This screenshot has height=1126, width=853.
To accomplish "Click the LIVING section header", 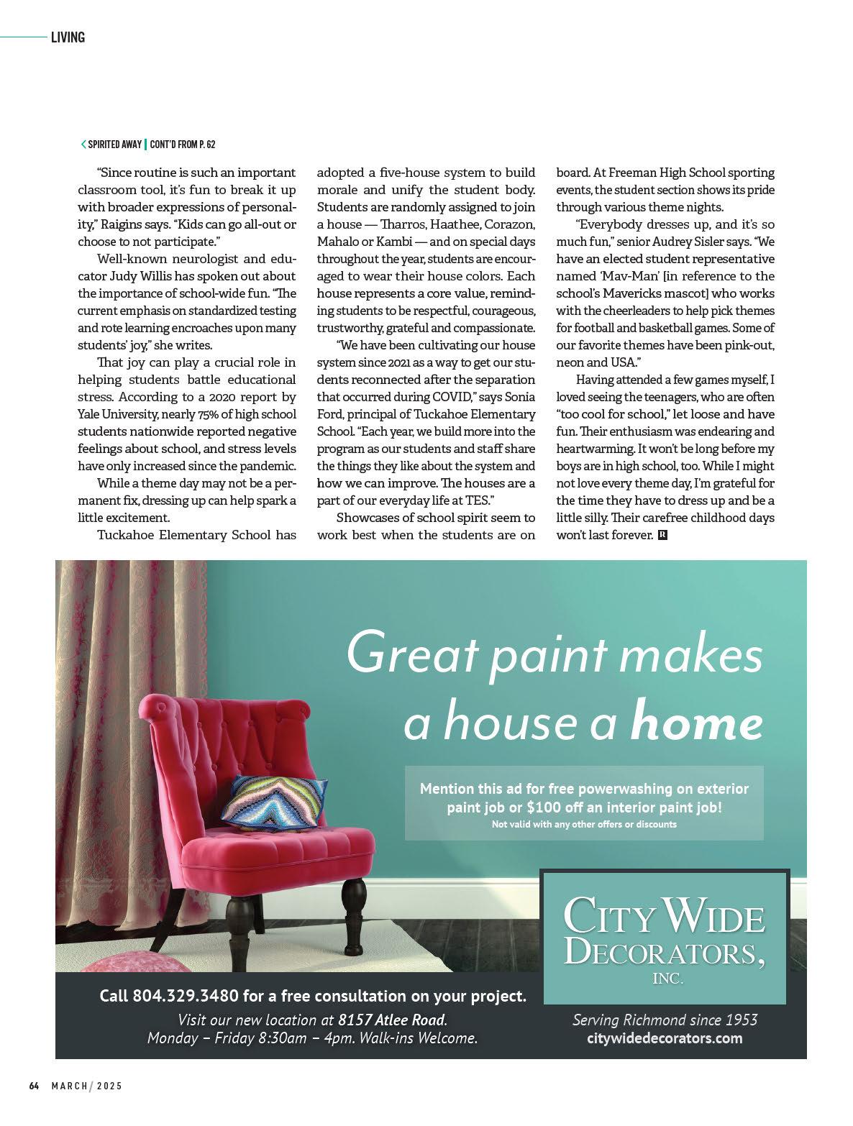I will click(x=68, y=37).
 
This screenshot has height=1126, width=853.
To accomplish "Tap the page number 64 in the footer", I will click(x=34, y=1086).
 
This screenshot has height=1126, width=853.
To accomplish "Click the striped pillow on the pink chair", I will click(x=274, y=801).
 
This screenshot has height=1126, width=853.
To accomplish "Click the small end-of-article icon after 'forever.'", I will click(x=662, y=535).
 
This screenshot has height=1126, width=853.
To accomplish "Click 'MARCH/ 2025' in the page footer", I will click(x=86, y=1086).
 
